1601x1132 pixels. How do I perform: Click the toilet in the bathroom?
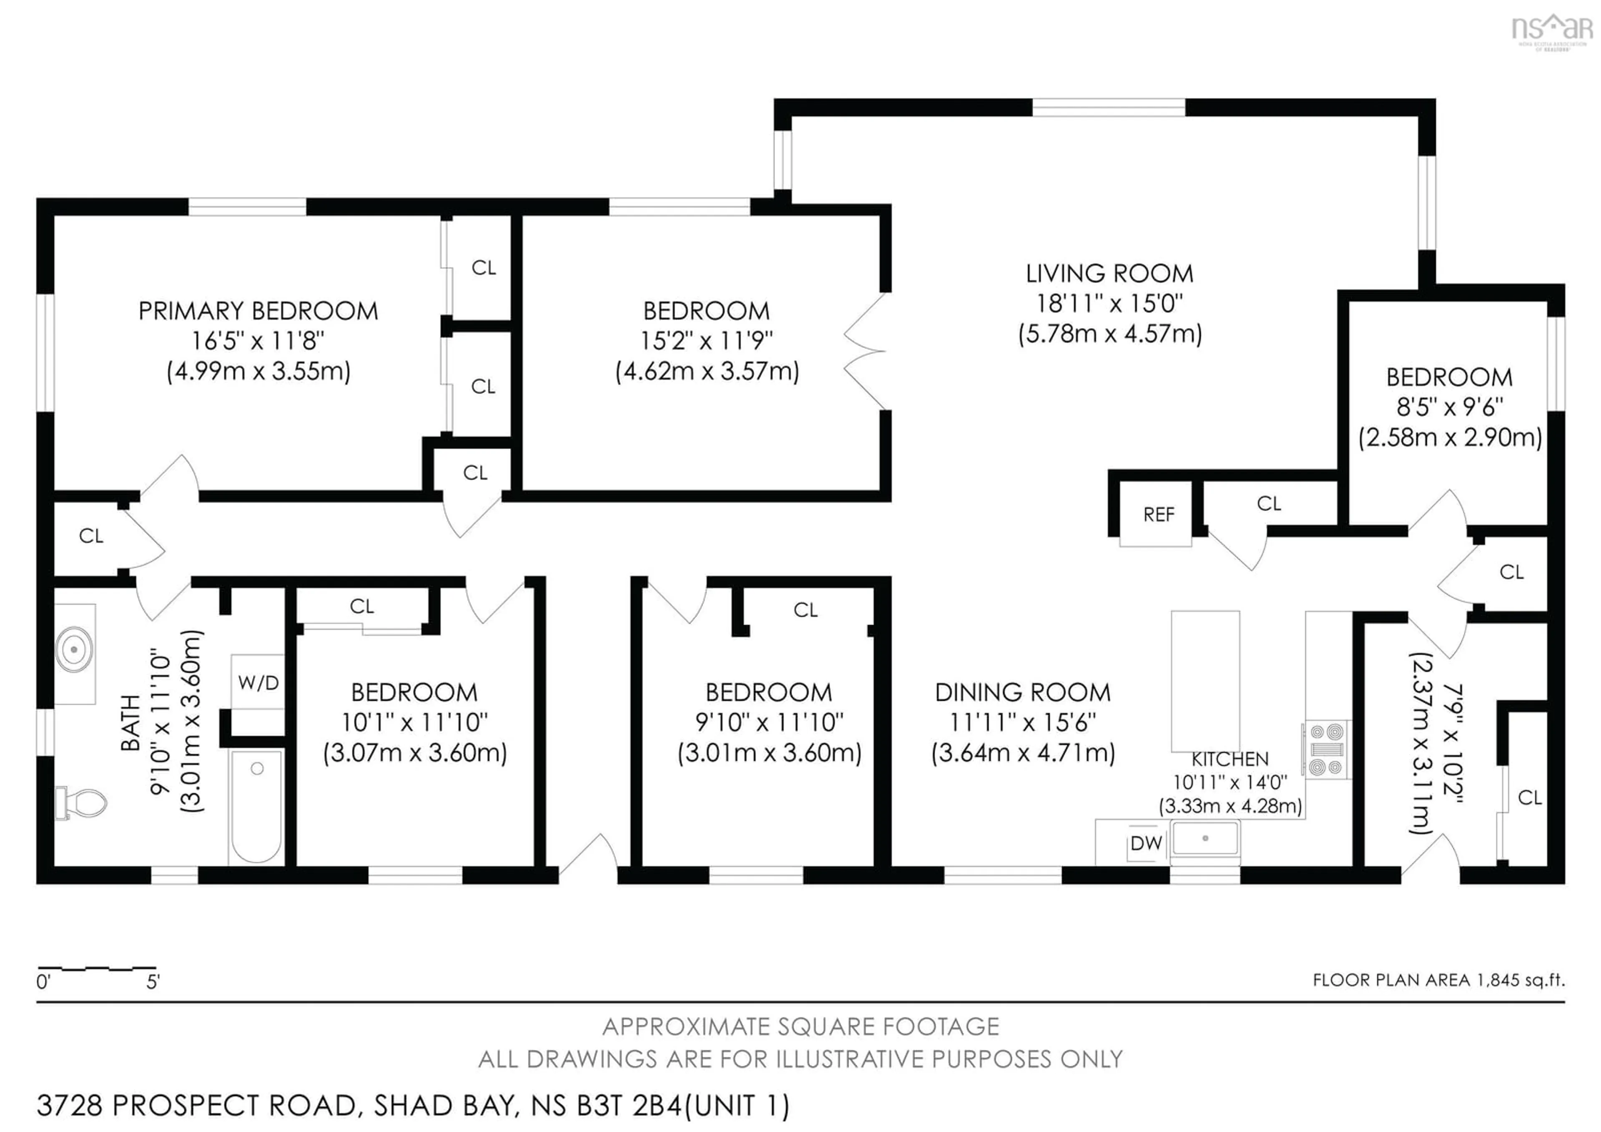coord(84,803)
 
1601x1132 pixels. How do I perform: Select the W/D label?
coord(258,683)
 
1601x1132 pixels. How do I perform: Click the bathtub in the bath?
coord(256,805)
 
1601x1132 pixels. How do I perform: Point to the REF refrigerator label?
coord(1158,515)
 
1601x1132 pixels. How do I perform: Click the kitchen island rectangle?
coord(1205,680)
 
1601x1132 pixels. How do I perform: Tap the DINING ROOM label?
coord(1022,693)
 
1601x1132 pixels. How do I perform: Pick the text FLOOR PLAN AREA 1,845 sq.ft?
coord(1438,980)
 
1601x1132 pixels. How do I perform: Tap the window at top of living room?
coord(1108,108)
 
